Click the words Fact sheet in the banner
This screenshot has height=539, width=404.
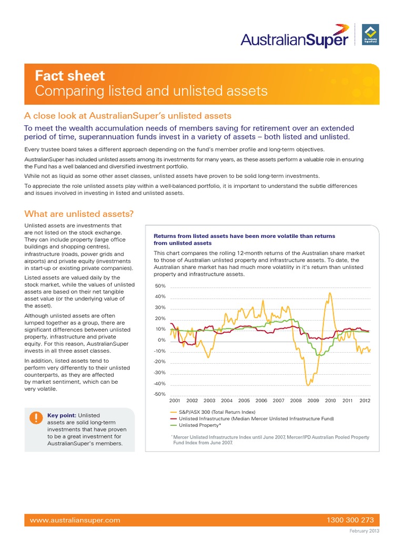pyautogui.click(x=70, y=76)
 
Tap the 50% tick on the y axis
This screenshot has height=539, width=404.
pyautogui.click(x=160, y=286)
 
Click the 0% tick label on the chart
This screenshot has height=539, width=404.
pyautogui.click(x=161, y=340)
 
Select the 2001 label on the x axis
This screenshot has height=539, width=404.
pyautogui.click(x=175, y=401)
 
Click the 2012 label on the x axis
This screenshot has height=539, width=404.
pyautogui.click(x=365, y=401)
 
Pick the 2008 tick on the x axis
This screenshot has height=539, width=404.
pyautogui.click(x=296, y=401)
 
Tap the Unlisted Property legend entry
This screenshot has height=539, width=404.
pyautogui.click(x=200, y=425)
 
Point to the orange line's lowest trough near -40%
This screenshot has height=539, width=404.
pyautogui.click(x=308, y=385)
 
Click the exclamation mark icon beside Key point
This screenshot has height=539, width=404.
pyautogui.click(x=35, y=418)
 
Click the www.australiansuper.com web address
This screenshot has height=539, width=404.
pyautogui.click(x=75, y=520)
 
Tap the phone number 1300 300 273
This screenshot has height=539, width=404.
pyautogui.click(x=349, y=520)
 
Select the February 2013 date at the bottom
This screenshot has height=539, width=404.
pyautogui.click(x=366, y=531)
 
